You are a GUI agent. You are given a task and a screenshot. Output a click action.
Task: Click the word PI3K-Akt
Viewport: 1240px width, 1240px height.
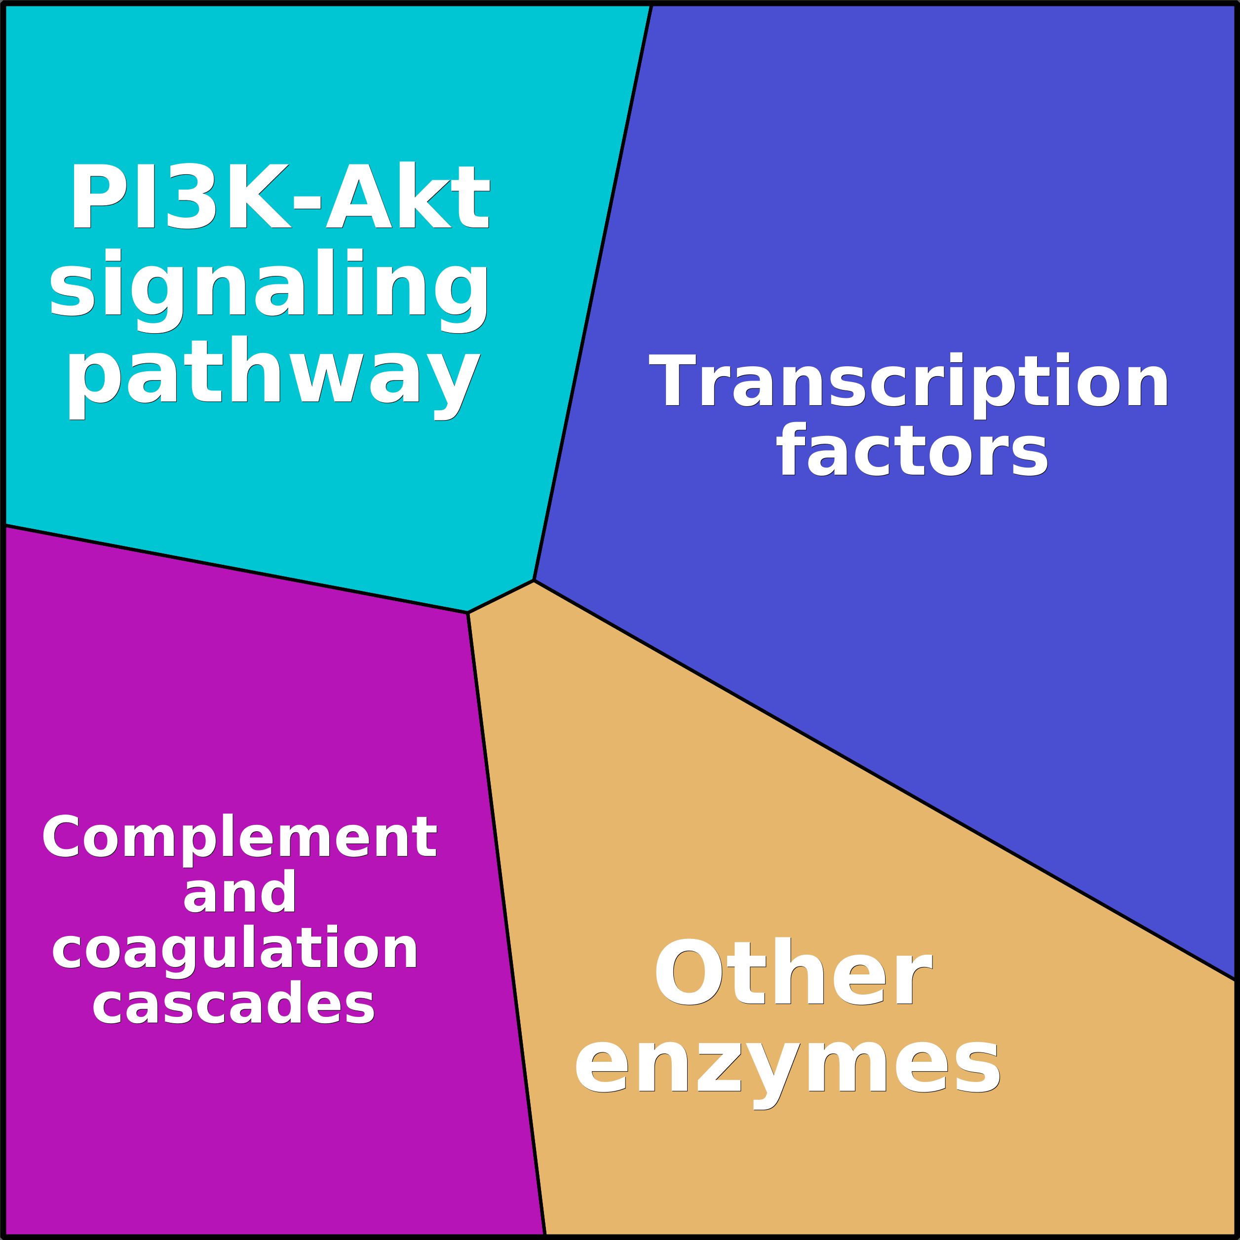(280, 196)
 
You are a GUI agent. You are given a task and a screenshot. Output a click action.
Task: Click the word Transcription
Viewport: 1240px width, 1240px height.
(909, 380)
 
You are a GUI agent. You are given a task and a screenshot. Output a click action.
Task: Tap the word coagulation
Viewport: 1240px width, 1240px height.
(235, 949)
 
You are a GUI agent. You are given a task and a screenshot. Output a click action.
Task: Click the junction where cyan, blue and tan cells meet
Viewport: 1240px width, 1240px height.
(534, 580)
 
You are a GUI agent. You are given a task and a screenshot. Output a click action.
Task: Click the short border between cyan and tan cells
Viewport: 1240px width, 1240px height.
(501, 596)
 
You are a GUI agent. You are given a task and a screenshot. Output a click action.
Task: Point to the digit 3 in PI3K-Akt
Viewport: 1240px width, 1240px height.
(191, 196)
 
